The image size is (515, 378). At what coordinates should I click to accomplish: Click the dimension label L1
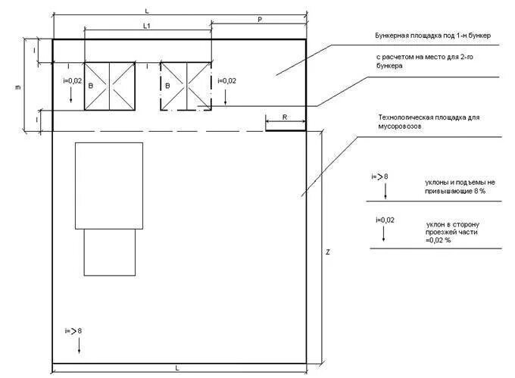pos(147,26)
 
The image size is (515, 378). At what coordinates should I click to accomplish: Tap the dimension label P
pos(260,20)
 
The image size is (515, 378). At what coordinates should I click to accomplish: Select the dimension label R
pos(285,117)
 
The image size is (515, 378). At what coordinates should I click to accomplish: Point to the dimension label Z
pos(327,252)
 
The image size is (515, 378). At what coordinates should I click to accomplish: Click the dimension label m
pos(17,87)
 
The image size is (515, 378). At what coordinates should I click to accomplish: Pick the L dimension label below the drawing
pos(177,368)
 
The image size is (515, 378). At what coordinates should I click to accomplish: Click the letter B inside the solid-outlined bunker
pos(91,86)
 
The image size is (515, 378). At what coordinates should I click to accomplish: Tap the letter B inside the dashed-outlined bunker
pos(167,86)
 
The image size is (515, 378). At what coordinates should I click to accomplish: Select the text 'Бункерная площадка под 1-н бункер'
pos(433,36)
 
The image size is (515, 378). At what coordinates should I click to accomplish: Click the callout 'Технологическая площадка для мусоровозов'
pos(429,121)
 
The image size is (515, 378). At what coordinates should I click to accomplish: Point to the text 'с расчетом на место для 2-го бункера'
pos(425,61)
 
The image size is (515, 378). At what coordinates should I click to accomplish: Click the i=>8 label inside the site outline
pos(73,331)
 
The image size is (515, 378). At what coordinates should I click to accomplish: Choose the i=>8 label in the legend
pos(379,177)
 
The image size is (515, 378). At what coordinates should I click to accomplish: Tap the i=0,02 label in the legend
pos(385,220)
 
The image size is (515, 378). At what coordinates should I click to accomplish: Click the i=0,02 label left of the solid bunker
pos(72,81)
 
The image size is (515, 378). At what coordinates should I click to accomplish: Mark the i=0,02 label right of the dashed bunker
pos(226,81)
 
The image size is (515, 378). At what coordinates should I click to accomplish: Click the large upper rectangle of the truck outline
pos(109,186)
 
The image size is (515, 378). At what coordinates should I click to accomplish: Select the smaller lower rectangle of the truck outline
pos(110,252)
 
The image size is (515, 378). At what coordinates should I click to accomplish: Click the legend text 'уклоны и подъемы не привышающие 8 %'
pos(460,186)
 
